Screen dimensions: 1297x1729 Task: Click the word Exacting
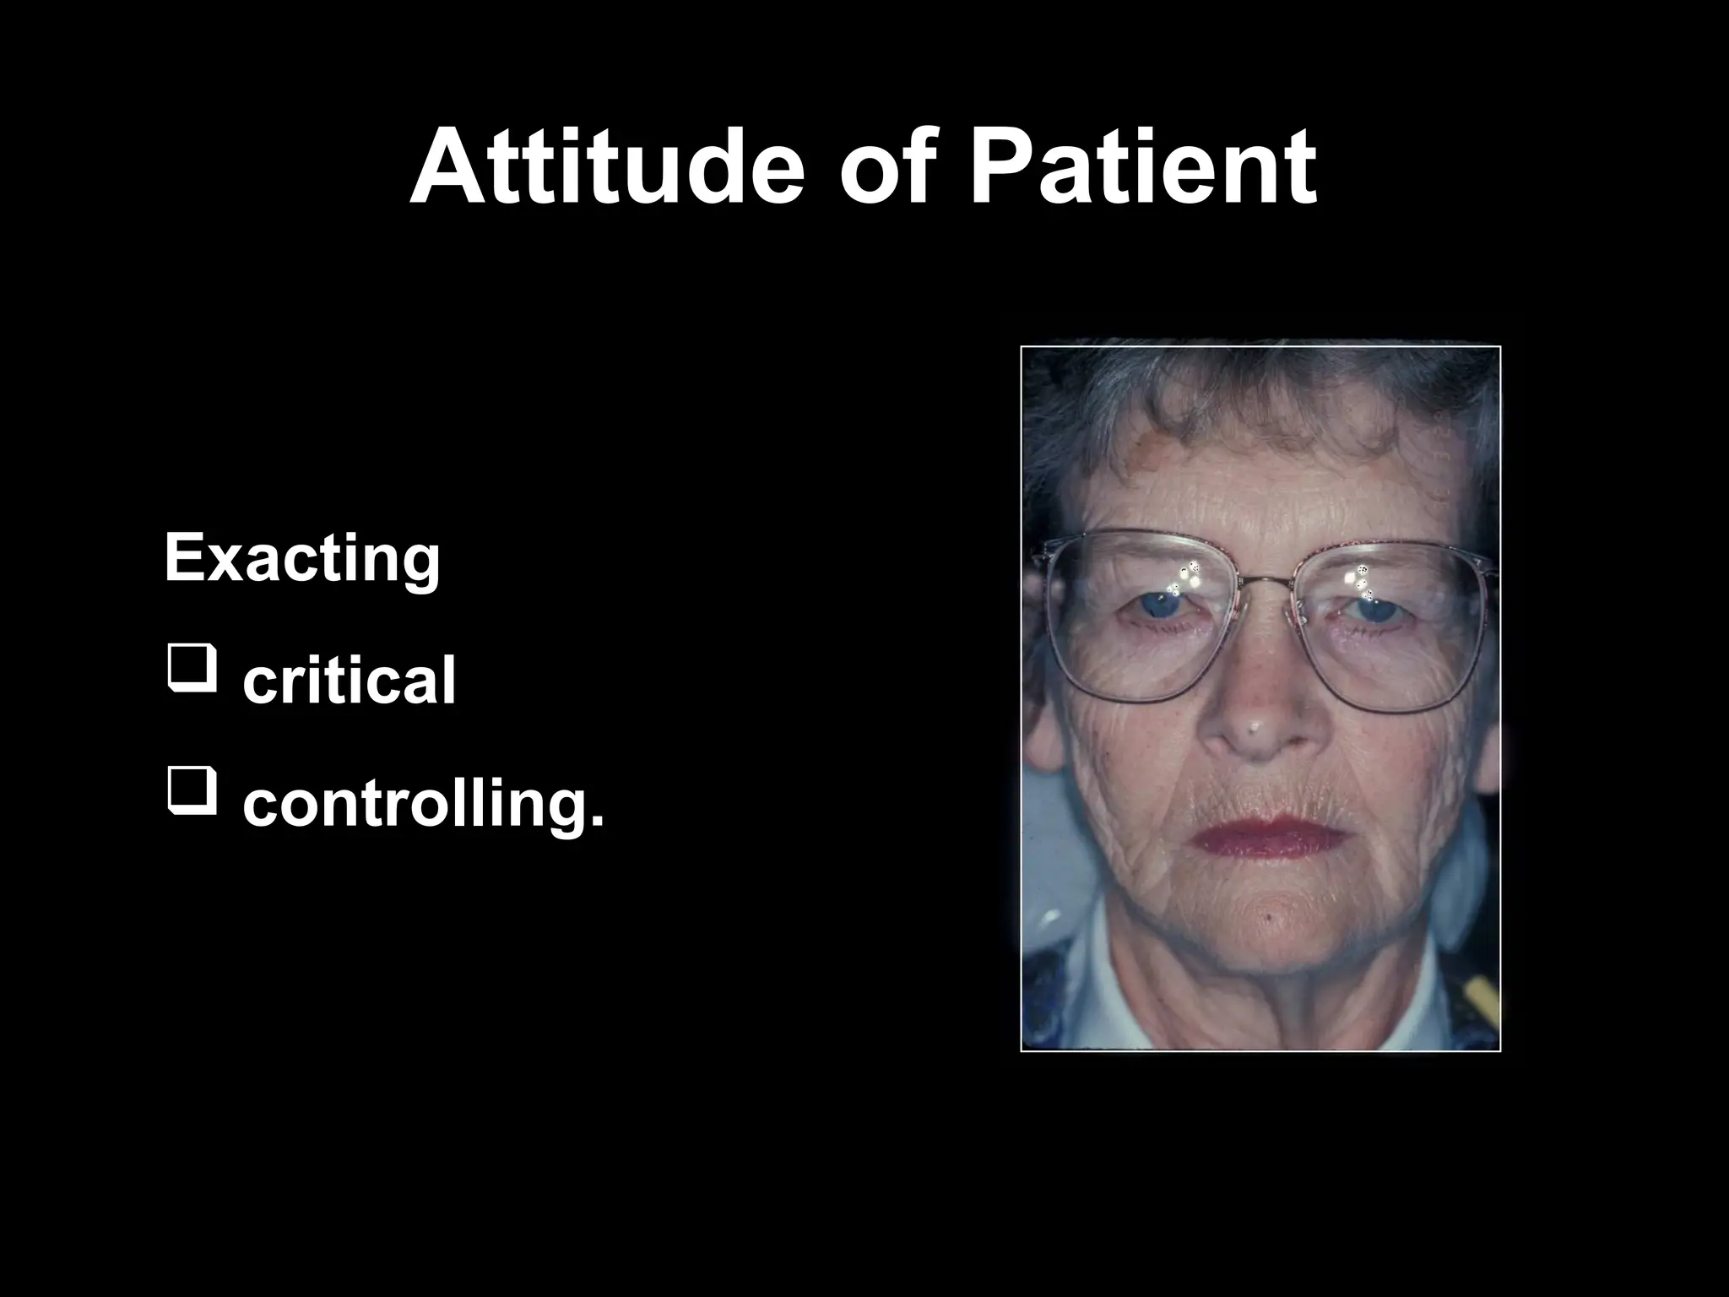302,560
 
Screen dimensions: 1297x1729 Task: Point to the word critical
349,681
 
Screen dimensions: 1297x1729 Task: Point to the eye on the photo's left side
1166,605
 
